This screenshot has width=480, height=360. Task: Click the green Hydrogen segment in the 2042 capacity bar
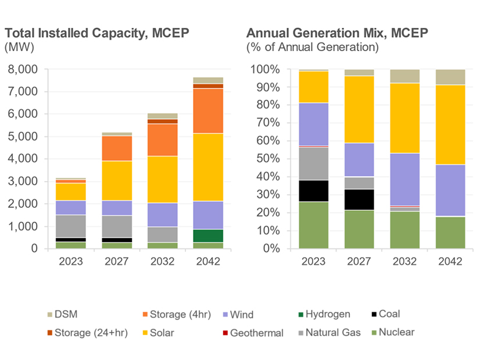click(x=208, y=236)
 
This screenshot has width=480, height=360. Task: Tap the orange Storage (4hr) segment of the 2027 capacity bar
click(x=116, y=148)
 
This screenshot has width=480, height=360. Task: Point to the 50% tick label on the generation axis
click(x=266, y=159)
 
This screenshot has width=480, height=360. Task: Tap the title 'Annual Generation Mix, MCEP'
click(x=337, y=33)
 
